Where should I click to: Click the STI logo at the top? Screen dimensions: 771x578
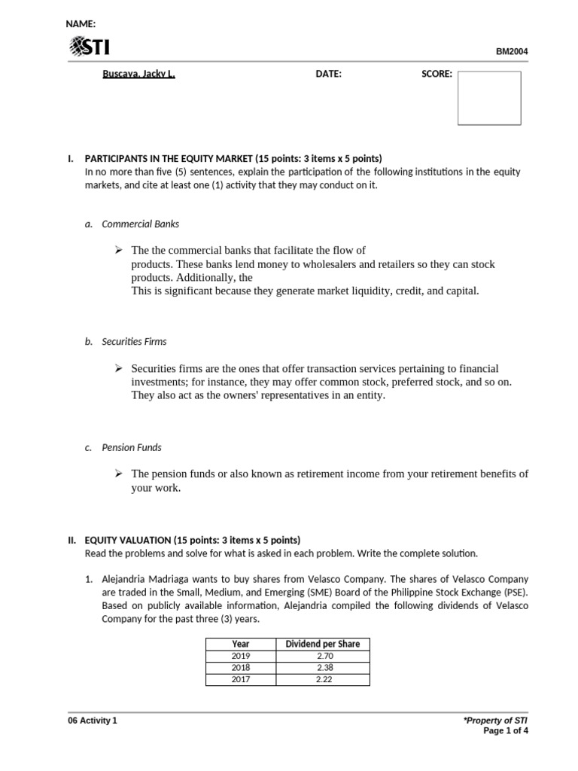click(89, 48)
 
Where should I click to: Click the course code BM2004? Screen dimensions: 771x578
click(512, 52)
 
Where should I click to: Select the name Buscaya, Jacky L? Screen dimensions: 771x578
click(138, 74)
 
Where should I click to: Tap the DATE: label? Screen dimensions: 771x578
click(328, 74)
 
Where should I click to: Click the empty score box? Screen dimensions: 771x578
click(489, 98)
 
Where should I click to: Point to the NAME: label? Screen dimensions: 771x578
click(81, 24)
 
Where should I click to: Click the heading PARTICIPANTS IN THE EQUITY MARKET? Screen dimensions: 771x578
click(233, 159)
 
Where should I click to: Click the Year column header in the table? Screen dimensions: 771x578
click(241, 644)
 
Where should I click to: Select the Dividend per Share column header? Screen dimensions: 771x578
click(323, 644)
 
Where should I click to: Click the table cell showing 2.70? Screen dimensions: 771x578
click(323, 656)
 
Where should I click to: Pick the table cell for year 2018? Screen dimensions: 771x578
click(241, 667)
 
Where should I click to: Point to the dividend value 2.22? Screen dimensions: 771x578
click(323, 679)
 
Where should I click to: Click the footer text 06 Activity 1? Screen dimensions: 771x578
click(93, 721)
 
